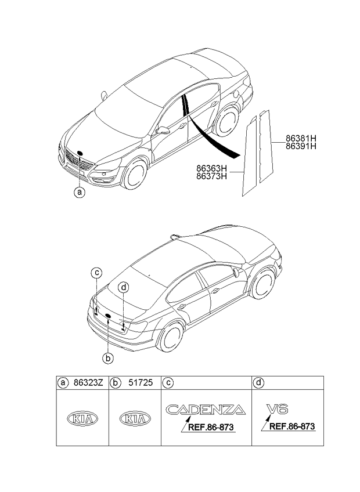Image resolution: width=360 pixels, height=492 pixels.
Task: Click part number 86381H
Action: (x=301, y=138)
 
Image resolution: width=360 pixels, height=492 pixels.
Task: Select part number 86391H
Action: (x=301, y=146)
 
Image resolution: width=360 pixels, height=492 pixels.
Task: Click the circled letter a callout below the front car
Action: (x=80, y=191)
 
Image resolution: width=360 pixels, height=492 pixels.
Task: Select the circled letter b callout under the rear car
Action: (x=108, y=359)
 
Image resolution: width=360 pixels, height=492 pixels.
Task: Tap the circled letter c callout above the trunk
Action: (x=97, y=273)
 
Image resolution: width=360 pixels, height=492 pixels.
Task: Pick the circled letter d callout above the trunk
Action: (x=124, y=287)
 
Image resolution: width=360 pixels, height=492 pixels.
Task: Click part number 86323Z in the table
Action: (x=88, y=383)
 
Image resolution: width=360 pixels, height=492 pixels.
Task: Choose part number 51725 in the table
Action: (x=141, y=383)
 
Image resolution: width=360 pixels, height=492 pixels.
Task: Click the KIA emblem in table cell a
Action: (x=82, y=418)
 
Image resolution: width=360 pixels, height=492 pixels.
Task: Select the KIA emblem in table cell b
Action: (x=135, y=418)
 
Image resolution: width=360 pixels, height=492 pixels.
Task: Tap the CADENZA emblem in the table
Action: (x=206, y=410)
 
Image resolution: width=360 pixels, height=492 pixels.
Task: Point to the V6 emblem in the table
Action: (x=277, y=409)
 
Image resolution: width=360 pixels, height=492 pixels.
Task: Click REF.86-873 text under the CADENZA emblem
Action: (x=211, y=427)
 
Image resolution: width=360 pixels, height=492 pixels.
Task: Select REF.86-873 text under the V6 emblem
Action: (x=292, y=426)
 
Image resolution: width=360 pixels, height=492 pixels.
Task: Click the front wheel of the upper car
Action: (x=135, y=173)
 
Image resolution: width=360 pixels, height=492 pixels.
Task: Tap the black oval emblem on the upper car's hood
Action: (x=80, y=153)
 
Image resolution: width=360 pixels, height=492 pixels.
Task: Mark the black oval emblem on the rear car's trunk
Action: (x=108, y=316)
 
